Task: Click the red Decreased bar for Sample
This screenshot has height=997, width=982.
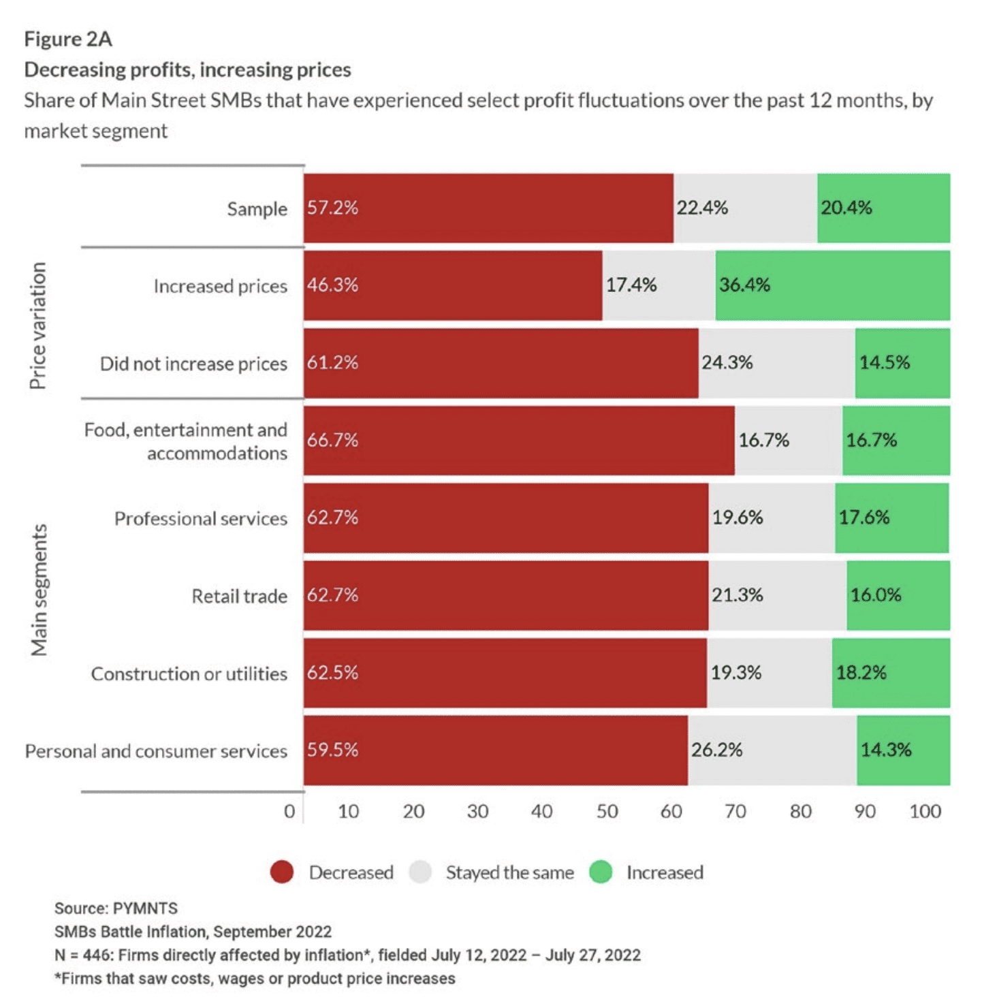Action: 488,208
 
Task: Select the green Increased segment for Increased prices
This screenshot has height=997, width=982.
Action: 832,285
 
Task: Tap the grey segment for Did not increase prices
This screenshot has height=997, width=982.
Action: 776,363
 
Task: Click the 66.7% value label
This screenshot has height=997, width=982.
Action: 332,440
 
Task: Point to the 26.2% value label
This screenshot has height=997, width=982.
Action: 716,750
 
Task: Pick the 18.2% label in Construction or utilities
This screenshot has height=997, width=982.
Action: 861,673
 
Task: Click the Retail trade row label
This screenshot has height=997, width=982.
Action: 239,597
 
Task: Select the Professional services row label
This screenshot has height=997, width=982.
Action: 200,519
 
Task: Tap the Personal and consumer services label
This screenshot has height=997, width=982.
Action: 156,751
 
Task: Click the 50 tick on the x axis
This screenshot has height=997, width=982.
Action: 607,811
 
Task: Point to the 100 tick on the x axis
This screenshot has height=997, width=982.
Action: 925,811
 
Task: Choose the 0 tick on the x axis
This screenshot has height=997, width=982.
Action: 289,811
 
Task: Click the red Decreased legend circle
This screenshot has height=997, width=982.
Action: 282,872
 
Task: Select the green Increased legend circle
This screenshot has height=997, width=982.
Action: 601,872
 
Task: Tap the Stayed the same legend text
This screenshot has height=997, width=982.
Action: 509,872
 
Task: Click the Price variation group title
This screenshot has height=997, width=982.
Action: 38,326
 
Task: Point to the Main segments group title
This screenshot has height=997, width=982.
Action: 39,590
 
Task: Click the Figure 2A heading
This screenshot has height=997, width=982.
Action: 68,39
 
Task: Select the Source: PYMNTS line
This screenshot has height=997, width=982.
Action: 116,908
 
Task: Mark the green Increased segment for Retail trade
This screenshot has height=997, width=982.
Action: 898,596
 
